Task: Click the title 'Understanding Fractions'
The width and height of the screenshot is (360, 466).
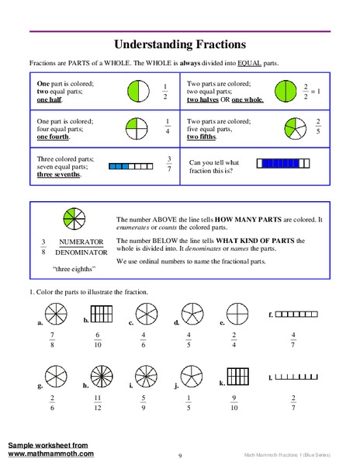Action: pos(180,44)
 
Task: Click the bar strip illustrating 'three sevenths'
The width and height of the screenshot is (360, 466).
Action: pos(128,165)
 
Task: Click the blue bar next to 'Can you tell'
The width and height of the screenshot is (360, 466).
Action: pos(286,163)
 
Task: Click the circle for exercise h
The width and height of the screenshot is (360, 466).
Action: pos(98,377)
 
